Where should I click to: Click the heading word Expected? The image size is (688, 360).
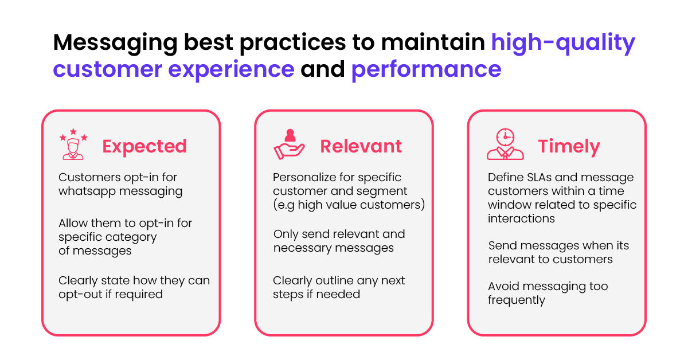point(144,146)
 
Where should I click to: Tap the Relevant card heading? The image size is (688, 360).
point(361,146)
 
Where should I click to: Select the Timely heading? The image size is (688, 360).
point(569,147)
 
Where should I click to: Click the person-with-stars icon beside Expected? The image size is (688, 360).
point(73,144)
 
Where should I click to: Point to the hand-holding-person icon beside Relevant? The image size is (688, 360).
point(289,144)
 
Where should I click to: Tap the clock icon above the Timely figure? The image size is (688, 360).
point(505,137)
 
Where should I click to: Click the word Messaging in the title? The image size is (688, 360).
point(115,44)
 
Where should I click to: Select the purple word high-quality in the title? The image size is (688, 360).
point(563,44)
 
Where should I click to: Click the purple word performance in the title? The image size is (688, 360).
point(427,71)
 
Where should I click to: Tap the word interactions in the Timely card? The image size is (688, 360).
point(521,219)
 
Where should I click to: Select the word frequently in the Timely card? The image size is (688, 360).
point(517,300)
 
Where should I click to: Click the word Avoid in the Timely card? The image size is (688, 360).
point(503,286)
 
